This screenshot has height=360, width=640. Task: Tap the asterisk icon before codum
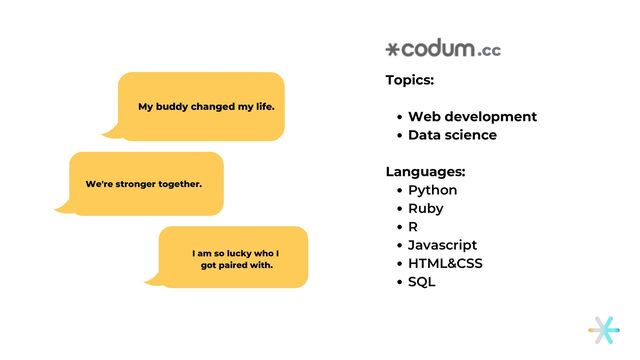[392, 49]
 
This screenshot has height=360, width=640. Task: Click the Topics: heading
[410, 80]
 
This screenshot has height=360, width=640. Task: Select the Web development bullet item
[472, 117]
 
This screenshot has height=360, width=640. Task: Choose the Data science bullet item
[452, 135]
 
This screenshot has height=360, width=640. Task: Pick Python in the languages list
[432, 190]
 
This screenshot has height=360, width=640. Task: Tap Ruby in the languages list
[425, 208]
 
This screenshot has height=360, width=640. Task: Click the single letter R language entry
[413, 226]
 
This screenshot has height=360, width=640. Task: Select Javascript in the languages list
[442, 245]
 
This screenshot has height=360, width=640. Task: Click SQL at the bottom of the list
[421, 282]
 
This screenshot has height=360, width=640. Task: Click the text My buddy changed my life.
[206, 106]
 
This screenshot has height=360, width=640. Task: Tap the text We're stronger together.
[144, 184]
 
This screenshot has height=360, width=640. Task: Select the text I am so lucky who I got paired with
[236, 259]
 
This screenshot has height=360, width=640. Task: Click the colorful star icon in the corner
[603, 330]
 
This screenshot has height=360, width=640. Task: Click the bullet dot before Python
[399, 190]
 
